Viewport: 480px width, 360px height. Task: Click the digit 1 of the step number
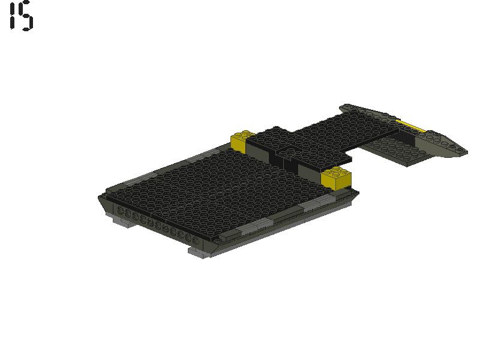pos(13,16)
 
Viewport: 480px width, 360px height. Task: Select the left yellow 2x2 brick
pos(242,141)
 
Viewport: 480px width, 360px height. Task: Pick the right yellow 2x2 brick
pos(336,178)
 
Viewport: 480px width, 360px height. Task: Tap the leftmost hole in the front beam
pos(121,211)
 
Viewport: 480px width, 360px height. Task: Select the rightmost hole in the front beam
pos(196,240)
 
